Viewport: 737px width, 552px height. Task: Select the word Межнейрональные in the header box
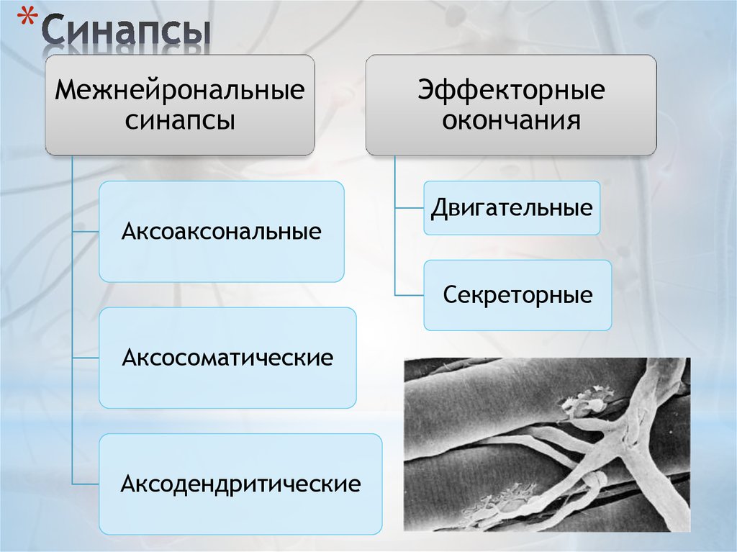click(180, 91)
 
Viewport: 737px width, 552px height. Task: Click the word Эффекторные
click(511, 91)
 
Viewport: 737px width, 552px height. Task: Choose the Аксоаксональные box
click(221, 232)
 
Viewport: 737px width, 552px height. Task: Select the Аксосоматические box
click(227, 358)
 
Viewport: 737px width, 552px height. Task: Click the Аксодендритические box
click(240, 484)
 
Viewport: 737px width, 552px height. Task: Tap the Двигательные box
click(512, 208)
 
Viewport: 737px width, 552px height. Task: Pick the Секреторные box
click(517, 295)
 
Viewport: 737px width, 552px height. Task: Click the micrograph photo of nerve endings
click(546, 444)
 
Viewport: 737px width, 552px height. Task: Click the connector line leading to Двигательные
click(409, 208)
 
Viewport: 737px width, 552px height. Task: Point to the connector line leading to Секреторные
click(409, 295)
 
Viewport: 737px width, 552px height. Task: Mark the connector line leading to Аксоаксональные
click(86, 232)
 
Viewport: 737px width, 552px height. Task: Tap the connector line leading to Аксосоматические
click(86, 358)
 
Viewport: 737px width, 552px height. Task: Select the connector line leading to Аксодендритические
click(86, 484)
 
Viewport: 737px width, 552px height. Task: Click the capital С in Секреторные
click(451, 295)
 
